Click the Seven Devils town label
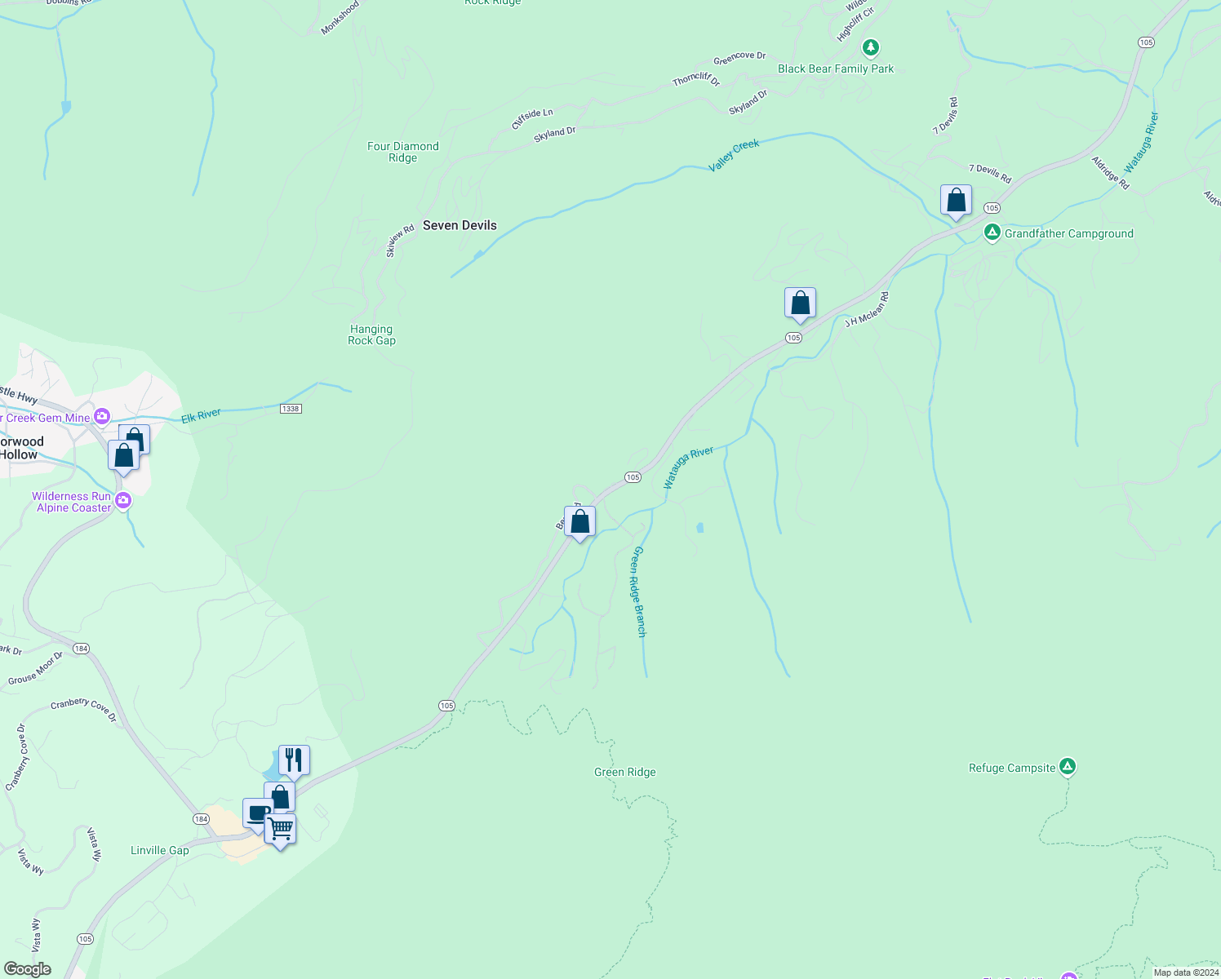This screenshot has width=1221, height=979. (x=460, y=225)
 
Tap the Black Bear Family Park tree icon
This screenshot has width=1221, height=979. (x=871, y=48)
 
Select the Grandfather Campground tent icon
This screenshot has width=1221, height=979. (x=992, y=233)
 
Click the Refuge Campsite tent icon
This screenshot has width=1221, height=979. (x=1067, y=767)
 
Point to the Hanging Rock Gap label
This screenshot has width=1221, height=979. (x=371, y=334)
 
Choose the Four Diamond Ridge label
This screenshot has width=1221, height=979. (x=402, y=152)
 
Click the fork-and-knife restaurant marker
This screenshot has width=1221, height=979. (x=294, y=760)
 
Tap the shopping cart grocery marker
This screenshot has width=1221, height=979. (x=280, y=829)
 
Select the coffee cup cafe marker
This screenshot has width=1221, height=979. (x=257, y=813)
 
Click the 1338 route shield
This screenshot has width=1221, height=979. (x=291, y=408)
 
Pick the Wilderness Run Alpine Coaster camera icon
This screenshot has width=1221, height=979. (x=123, y=501)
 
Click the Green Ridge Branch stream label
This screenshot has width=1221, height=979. (x=639, y=591)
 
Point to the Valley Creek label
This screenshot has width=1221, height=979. (x=734, y=155)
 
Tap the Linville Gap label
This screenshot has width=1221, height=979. (x=160, y=850)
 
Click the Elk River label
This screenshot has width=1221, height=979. (x=201, y=415)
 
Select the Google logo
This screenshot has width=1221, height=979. (x=27, y=969)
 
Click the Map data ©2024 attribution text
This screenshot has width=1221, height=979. (x=1186, y=972)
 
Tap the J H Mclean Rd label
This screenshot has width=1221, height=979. (x=867, y=309)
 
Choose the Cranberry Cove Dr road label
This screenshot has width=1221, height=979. (x=83, y=710)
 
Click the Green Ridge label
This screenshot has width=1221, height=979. (x=624, y=772)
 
